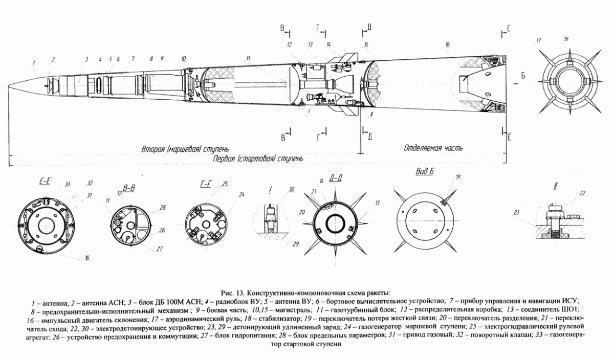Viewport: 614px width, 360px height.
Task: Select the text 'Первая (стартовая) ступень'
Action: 258,159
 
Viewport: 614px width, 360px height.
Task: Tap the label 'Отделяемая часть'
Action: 433,149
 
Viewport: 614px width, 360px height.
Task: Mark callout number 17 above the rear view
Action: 538,40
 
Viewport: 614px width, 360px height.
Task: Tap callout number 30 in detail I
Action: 292,189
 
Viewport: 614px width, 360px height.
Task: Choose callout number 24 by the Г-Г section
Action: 242,194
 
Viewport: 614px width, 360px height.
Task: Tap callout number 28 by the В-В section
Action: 163,207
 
